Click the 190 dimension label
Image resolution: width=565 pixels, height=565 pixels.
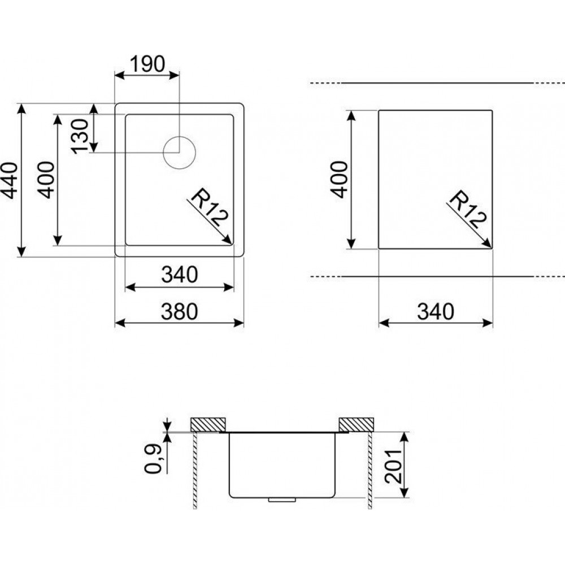(147, 64)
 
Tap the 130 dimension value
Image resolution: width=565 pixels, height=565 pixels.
(80, 136)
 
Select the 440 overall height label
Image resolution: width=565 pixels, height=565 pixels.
(8, 181)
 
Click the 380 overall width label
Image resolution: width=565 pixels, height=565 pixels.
(180, 312)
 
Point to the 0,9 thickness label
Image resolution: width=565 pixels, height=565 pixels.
(153, 459)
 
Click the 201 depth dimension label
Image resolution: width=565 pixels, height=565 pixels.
(393, 466)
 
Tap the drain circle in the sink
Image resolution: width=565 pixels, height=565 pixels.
(179, 153)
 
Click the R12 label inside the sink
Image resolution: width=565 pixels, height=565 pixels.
(210, 209)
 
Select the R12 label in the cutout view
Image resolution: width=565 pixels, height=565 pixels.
(468, 210)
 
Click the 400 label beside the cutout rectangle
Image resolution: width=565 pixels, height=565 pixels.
(340, 180)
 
